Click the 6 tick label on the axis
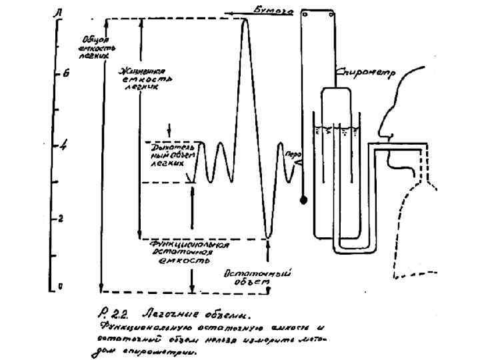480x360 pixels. tap(65, 74)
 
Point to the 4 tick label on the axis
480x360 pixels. tap(64, 145)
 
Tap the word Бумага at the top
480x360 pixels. tap(273, 9)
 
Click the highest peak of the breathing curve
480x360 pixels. tap(245, 20)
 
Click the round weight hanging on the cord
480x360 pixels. tap(304, 199)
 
